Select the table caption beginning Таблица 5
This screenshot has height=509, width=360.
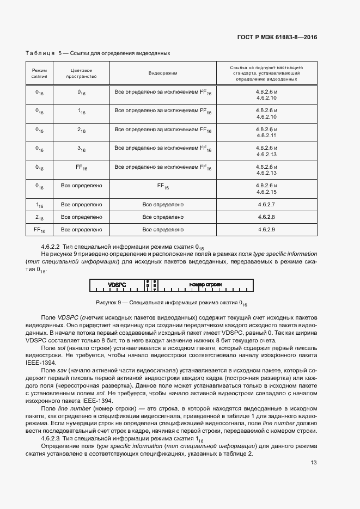(x=98, y=53)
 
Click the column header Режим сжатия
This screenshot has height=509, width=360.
(x=39, y=73)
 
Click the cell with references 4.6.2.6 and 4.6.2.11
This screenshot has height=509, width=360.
(x=266, y=132)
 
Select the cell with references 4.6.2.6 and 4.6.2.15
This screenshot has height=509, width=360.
(x=266, y=188)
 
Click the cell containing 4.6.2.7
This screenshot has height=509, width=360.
(x=266, y=205)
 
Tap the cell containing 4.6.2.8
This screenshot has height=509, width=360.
(x=266, y=217)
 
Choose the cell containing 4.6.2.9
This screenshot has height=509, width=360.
(x=266, y=230)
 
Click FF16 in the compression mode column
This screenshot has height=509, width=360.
(x=39, y=230)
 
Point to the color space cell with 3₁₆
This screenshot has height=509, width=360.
(x=81, y=149)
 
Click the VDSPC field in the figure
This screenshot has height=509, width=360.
(x=117, y=285)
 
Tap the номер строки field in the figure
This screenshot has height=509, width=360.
(x=205, y=285)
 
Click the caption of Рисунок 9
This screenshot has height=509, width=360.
(x=172, y=303)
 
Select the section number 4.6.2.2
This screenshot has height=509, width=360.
(x=50, y=247)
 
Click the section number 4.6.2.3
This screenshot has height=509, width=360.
(x=50, y=439)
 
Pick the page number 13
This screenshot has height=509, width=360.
(x=313, y=463)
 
